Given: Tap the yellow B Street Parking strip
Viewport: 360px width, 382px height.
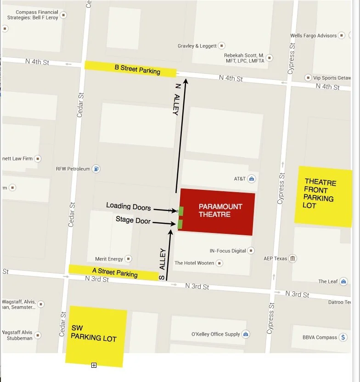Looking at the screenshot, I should pos(131,69).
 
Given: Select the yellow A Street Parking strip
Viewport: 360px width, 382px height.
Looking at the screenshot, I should pos(113,272).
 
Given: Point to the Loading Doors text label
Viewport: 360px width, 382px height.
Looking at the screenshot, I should pos(129,206).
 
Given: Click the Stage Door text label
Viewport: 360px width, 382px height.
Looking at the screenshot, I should pos(133,220).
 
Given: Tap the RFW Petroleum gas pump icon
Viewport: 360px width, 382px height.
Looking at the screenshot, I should pos(96,169).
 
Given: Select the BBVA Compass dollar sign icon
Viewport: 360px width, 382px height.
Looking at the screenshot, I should pos(343,337).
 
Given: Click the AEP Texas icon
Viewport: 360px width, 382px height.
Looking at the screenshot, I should pos(292,259).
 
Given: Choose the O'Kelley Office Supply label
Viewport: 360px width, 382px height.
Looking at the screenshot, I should pos(215,334).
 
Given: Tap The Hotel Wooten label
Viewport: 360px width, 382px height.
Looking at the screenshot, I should pos(194,263).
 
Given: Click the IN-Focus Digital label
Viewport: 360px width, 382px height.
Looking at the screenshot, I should pos(228,251).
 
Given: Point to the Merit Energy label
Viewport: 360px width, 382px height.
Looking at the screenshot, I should pos(109,259).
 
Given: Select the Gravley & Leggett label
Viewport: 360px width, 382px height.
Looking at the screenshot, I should pos(197,46).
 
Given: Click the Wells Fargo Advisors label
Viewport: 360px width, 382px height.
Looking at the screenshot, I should pos(314,35).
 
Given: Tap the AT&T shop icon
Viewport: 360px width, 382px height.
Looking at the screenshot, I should pos(252,178).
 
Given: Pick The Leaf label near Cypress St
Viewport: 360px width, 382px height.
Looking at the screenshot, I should pos(328,282).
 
